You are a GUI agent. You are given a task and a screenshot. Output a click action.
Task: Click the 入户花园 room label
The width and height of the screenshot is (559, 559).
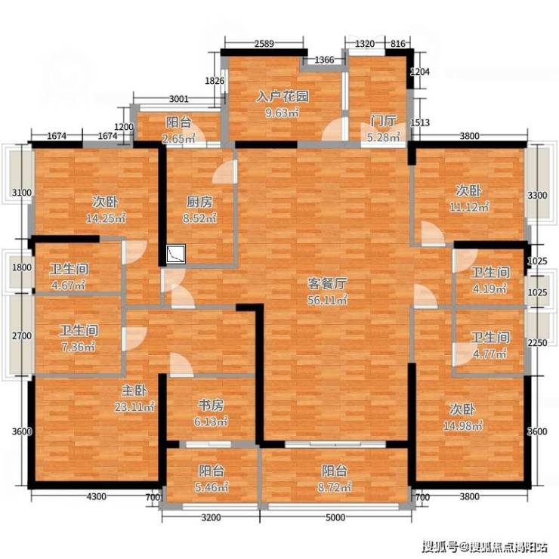[283, 97]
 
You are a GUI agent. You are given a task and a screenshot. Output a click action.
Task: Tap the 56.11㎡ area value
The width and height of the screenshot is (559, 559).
[327, 300]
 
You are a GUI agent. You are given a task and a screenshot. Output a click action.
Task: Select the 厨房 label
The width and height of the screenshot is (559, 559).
[199, 202]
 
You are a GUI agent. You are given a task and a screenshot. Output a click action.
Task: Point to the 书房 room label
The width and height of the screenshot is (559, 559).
[211, 406]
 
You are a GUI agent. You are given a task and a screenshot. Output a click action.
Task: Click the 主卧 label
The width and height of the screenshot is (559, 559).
[134, 391]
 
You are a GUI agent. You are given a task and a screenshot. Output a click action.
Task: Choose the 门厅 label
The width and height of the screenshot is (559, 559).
[383, 121]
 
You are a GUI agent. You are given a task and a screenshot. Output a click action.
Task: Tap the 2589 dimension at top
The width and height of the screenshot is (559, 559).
[264, 44]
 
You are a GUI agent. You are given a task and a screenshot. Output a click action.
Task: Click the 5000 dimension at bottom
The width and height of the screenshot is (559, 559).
[335, 517]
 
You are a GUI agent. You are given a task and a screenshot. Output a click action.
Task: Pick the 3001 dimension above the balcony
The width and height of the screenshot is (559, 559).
[178, 99]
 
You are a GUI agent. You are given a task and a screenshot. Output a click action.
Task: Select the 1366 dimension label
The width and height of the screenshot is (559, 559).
[324, 60]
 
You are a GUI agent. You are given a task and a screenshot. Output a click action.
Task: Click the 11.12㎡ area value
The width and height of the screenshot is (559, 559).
[469, 207]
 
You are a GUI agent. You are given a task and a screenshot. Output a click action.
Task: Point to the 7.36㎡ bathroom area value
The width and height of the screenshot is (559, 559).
[79, 347]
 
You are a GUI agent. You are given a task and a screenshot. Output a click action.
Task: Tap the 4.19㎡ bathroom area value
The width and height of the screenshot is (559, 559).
[490, 289]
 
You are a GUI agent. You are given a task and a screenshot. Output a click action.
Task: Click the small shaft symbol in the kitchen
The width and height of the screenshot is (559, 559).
[176, 254]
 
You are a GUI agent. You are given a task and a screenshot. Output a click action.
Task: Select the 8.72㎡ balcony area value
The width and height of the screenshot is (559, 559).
[335, 487]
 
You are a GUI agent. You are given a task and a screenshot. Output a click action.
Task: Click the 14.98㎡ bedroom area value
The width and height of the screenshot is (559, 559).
[463, 425]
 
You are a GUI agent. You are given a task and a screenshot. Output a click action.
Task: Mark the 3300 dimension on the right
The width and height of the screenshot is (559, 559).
[537, 196]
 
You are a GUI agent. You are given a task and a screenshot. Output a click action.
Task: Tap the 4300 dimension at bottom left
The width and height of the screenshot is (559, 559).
[96, 496]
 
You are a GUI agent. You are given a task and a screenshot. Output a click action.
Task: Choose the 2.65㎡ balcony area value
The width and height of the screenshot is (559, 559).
[178, 138]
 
